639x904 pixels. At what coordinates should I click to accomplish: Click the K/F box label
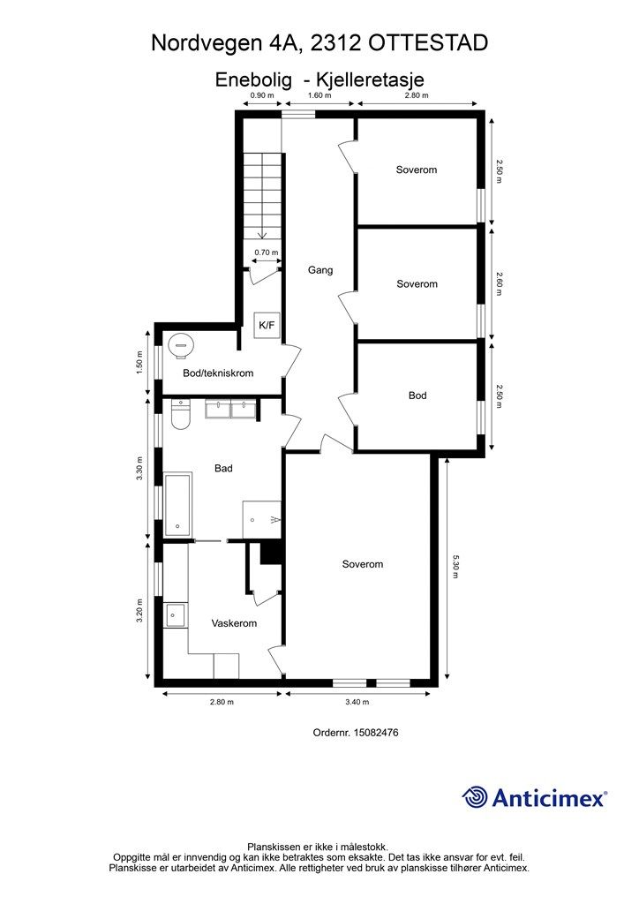point(267,325)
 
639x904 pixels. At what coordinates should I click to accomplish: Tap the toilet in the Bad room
point(180,416)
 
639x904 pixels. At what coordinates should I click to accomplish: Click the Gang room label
point(320,270)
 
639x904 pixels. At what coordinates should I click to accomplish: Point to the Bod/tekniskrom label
point(218,373)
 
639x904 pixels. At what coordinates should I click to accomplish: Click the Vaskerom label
point(234,623)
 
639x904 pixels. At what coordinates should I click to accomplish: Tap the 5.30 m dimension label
point(455,567)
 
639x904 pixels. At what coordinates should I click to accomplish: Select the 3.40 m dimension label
point(357,702)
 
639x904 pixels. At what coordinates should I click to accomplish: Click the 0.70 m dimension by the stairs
point(267,252)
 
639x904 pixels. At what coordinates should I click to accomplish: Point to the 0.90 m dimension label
point(262,95)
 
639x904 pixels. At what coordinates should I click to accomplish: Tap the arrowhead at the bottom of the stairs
point(262,235)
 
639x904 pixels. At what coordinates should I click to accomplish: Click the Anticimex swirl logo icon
point(475,797)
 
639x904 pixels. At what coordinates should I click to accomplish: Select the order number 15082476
point(376,732)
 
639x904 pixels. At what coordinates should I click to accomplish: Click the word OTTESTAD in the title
point(427,43)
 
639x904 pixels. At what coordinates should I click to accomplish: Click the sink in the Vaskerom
point(175,615)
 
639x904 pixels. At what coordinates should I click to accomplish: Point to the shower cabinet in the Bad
point(261,519)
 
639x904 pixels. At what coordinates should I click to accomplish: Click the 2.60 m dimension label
point(499,283)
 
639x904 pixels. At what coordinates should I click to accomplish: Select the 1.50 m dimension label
point(139,363)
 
